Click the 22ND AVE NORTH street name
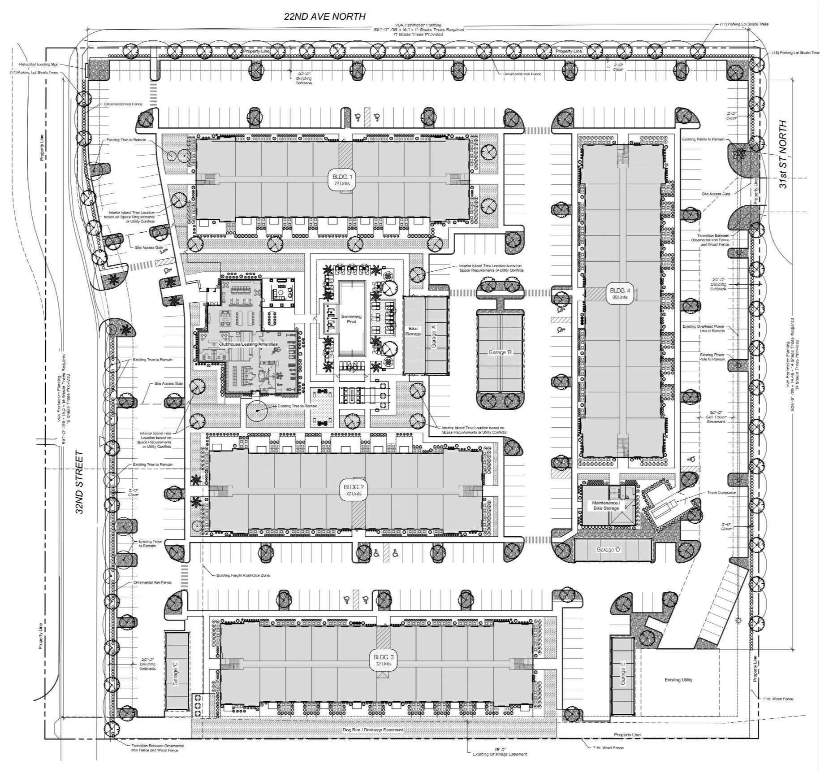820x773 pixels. pyautogui.click(x=324, y=17)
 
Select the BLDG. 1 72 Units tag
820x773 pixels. pyautogui.click(x=341, y=180)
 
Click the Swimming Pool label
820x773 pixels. pyautogui.click(x=351, y=319)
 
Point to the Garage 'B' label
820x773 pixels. pyautogui.click(x=500, y=352)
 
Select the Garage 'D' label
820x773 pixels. pyautogui.click(x=608, y=550)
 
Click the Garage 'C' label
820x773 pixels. pyautogui.click(x=176, y=676)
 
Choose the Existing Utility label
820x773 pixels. pyautogui.click(x=678, y=680)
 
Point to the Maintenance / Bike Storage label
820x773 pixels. pyautogui.click(x=606, y=505)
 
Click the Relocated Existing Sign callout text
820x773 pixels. pyautogui.click(x=39, y=65)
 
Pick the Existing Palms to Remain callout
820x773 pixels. pyautogui.click(x=703, y=139)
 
